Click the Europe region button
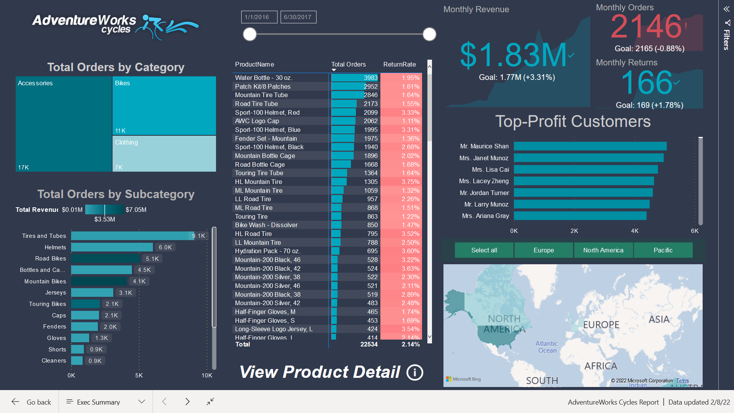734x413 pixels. click(543, 250)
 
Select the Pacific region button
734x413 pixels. click(663, 250)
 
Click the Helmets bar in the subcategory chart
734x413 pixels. click(112, 247)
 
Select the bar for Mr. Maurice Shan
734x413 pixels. click(590, 146)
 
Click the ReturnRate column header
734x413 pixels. click(399, 64)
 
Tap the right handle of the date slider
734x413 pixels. click(429, 34)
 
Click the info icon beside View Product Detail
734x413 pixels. click(415, 372)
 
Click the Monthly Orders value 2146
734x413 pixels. click(646, 27)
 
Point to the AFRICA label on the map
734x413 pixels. click(601, 366)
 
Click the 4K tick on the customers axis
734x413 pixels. click(635, 231)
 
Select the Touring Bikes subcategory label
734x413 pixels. click(47, 304)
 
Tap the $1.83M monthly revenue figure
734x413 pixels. click(513, 55)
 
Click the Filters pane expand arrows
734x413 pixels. click(726, 9)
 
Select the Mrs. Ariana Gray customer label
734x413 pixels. click(485, 216)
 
